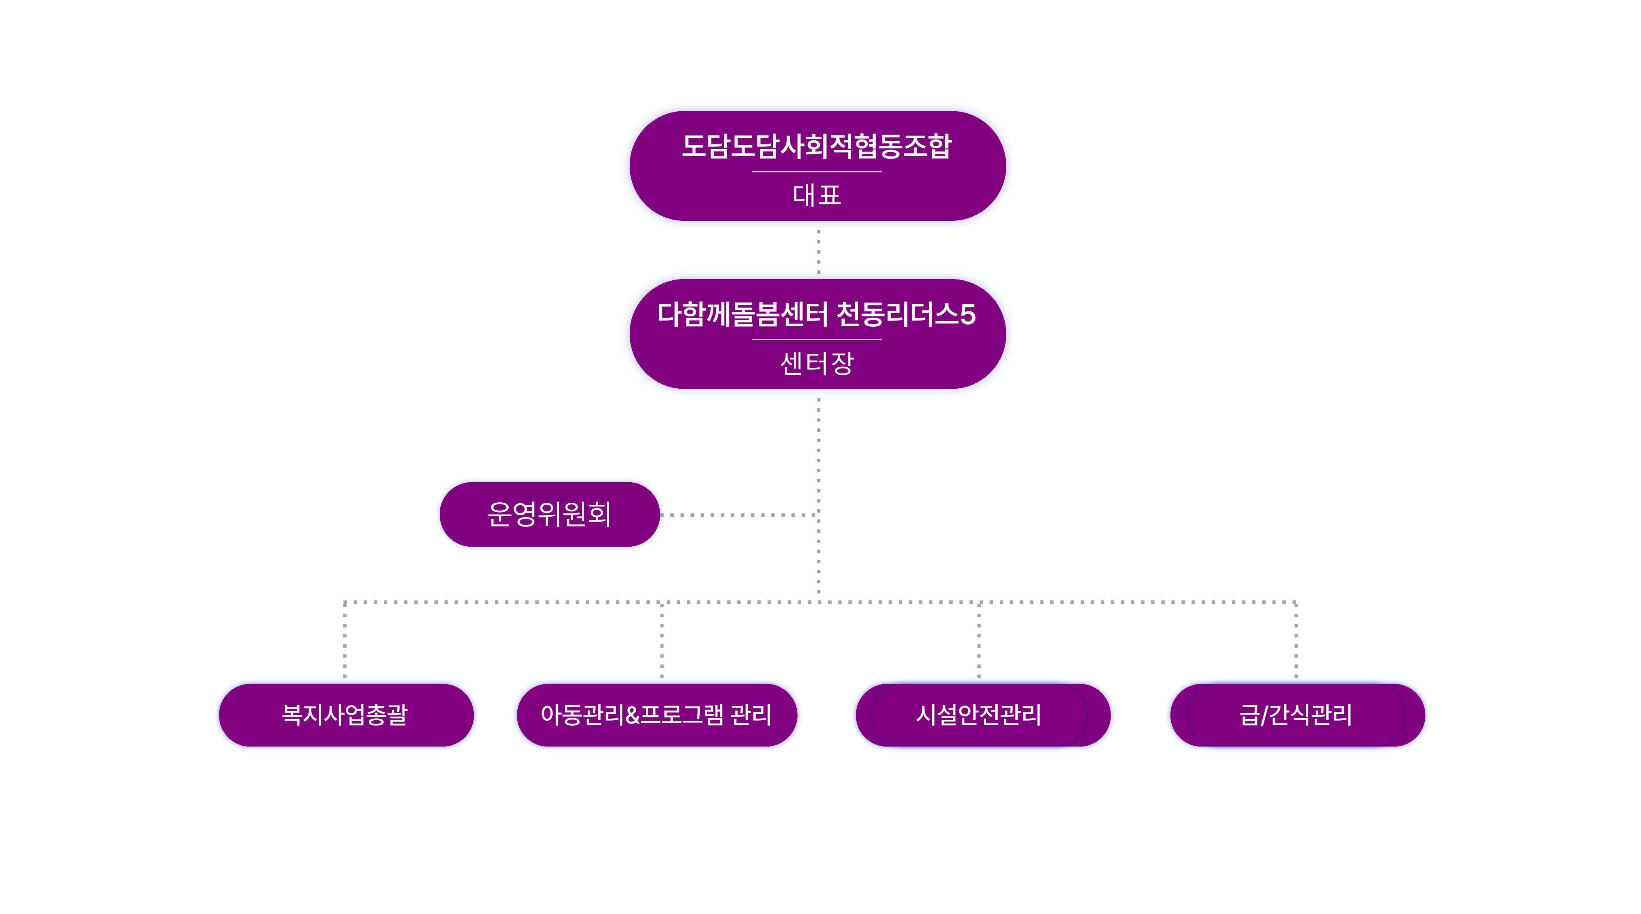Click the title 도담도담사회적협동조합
[817, 146]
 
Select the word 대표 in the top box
[817, 195]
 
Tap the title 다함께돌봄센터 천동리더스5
[817, 314]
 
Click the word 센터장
[817, 363]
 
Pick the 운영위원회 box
[549, 514]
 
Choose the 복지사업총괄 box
[345, 715]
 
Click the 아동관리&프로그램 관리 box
[656, 715]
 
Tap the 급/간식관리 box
[1297, 715]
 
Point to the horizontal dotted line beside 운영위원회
[739, 514]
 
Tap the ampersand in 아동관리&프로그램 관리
[633, 715]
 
